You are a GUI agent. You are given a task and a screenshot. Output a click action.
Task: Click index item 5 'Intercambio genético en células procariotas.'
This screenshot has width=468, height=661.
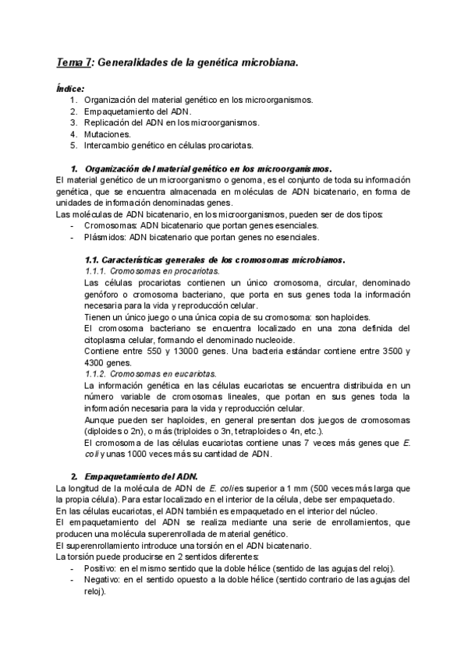179,145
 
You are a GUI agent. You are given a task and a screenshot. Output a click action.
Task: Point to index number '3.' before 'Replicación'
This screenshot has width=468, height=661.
73,122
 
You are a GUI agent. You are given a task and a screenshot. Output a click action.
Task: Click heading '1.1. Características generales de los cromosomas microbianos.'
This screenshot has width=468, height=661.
214,259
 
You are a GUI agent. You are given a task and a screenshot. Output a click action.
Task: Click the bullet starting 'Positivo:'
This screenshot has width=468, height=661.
242,568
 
